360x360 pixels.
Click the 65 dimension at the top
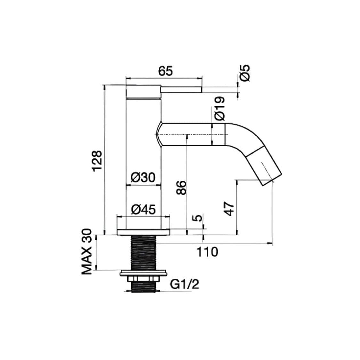click(165, 71)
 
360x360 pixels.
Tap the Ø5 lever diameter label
click(244, 73)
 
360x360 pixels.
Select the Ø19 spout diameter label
click(220, 108)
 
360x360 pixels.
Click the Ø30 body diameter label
click(143, 177)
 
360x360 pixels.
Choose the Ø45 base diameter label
click(143, 209)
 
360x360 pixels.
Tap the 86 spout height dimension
click(182, 188)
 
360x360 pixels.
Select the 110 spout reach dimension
click(207, 252)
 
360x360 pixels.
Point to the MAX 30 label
click(87, 252)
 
